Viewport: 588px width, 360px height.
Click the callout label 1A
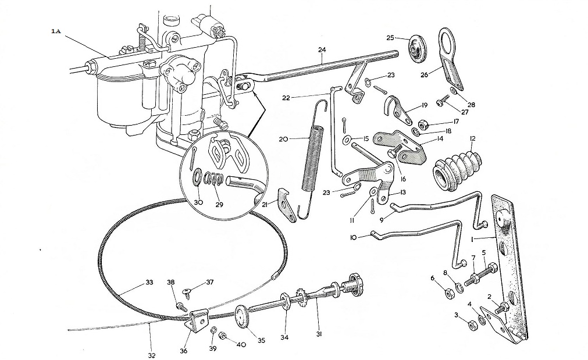pos(56,31)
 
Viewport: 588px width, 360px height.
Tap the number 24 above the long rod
pos(322,49)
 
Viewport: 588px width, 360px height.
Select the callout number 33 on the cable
pos(149,283)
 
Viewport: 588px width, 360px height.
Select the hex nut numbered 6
pos(448,293)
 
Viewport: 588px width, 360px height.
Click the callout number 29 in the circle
pos(219,205)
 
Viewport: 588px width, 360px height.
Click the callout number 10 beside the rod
pos(353,237)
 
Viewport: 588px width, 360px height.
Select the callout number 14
pos(440,139)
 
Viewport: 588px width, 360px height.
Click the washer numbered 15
pos(346,140)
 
